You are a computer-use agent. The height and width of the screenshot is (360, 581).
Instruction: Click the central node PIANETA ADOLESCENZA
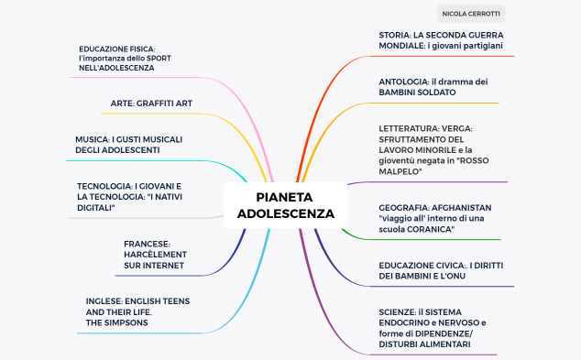click(285, 205)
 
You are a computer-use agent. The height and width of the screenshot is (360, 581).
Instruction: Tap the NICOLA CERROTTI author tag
click(471, 14)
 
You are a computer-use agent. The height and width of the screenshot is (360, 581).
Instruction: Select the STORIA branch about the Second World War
click(441, 39)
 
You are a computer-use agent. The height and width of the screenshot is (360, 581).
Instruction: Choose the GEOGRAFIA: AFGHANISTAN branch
click(434, 218)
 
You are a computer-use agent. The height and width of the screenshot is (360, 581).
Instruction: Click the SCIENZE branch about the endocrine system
click(432, 328)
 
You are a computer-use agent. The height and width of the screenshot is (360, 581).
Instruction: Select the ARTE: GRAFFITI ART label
click(151, 104)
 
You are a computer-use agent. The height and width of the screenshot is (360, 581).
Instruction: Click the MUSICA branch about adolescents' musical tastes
click(130, 145)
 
